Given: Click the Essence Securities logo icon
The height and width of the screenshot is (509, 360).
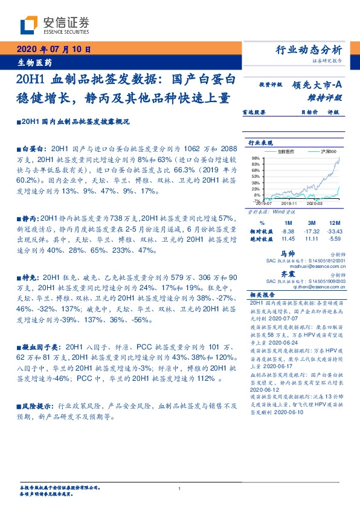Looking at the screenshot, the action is pyautogui.click(x=28, y=25).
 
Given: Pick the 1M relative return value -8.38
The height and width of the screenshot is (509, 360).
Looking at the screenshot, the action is pyautogui.click(x=288, y=232).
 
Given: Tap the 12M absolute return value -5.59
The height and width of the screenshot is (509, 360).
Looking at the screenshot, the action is pyautogui.click(x=342, y=239).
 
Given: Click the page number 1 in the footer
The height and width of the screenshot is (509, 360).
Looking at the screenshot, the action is pyautogui.click(x=180, y=488).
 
